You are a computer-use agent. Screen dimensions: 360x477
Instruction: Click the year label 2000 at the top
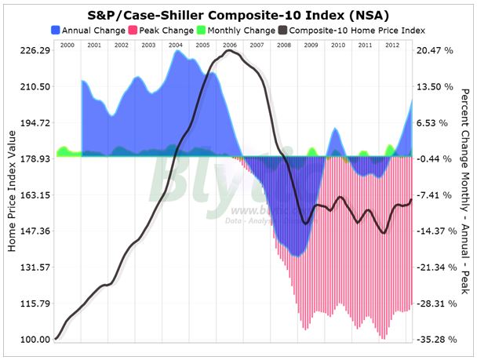[x=67, y=46]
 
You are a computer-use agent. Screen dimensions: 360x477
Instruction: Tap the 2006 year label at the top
[x=229, y=46]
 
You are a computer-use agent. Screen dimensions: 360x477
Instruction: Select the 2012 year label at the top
[x=391, y=46]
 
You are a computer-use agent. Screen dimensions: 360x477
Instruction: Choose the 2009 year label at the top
[x=311, y=46]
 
